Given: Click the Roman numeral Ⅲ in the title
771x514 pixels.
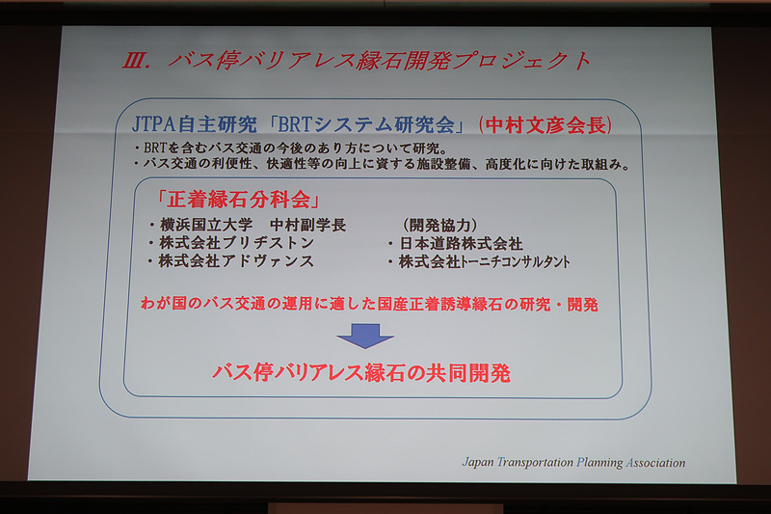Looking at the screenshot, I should (133, 62).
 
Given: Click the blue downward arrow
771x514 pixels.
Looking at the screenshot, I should (365, 335).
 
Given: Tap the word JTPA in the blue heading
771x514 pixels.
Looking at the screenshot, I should (158, 125).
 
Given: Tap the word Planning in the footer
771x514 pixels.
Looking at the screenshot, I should (596, 462).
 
